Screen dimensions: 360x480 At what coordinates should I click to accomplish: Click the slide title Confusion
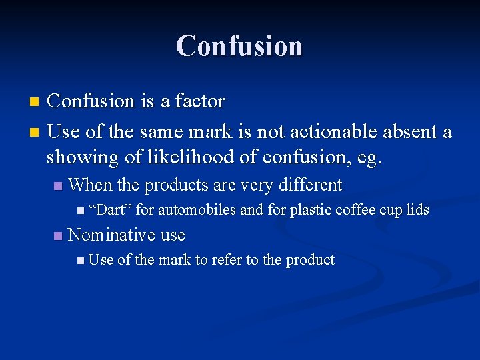(x=239, y=46)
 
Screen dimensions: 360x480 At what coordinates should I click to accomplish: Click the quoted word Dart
(x=111, y=210)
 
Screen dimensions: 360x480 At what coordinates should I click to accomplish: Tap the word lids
(x=418, y=210)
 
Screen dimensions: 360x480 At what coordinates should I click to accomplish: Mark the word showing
(x=78, y=159)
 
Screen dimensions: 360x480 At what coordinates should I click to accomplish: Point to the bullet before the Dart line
(x=80, y=211)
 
